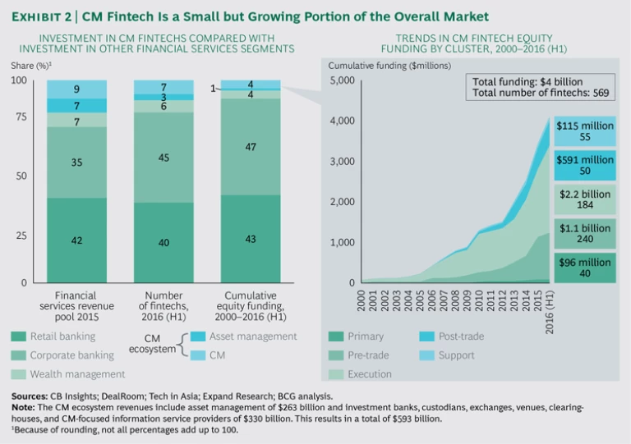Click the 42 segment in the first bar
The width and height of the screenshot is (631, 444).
pyautogui.click(x=76, y=240)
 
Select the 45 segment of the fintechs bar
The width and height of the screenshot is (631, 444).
pyautogui.click(x=164, y=157)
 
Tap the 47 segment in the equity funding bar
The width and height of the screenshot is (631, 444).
pyautogui.click(x=251, y=146)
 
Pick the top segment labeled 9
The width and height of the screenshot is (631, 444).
pyautogui.click(x=76, y=89)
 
